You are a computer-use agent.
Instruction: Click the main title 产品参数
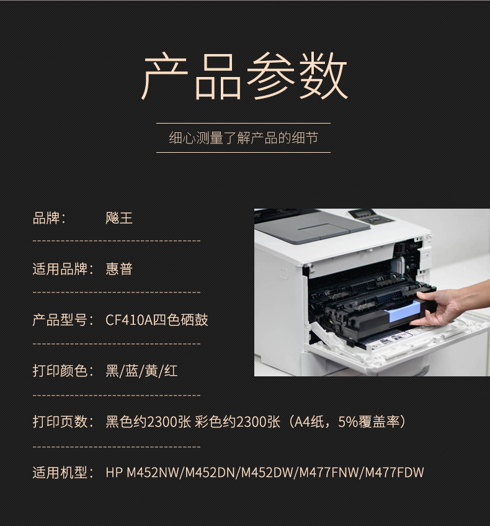pyautogui.click(x=244, y=76)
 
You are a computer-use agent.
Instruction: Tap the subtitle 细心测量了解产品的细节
pyautogui.click(x=243, y=138)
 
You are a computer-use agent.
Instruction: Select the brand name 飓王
pyautogui.click(x=119, y=218)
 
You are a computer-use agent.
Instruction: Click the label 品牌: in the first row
pyautogui.click(x=49, y=218)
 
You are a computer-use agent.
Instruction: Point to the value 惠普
pyautogui.click(x=119, y=269)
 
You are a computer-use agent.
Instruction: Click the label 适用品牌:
pyautogui.click(x=63, y=269)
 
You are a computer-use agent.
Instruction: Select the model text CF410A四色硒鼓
pyautogui.click(x=156, y=320)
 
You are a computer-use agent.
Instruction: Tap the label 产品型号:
pyautogui.click(x=63, y=320)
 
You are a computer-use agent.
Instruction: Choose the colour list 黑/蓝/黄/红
pyautogui.click(x=141, y=371)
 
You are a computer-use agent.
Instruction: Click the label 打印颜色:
pyautogui.click(x=63, y=371)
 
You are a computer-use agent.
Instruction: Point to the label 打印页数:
pyautogui.click(x=63, y=422)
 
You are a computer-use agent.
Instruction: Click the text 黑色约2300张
pyautogui.click(x=148, y=422)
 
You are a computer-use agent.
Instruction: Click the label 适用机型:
pyautogui.click(x=63, y=473)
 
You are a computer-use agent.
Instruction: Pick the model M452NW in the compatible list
pyautogui.click(x=153, y=473)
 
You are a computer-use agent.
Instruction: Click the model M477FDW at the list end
pyautogui.click(x=394, y=473)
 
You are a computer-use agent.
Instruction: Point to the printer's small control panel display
pyautogui.click(x=363, y=214)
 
